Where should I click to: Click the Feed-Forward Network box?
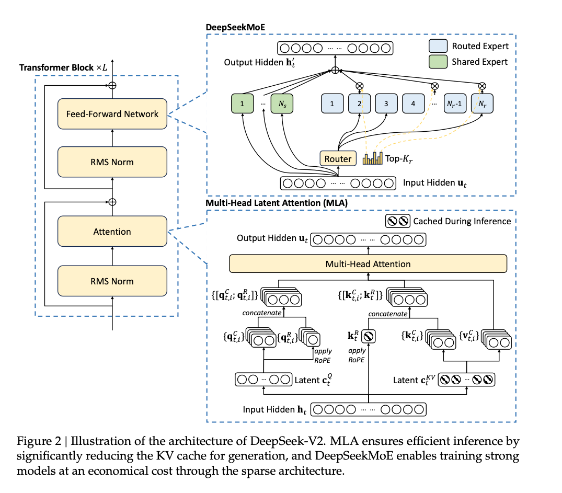112,114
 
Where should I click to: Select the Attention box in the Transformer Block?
112,232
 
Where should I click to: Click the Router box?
338,158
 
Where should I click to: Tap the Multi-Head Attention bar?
368,264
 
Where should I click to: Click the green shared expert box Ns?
282,104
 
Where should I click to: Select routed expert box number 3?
386,104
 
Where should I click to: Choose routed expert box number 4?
413,104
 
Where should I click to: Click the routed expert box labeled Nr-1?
454,104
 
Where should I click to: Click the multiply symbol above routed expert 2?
360,86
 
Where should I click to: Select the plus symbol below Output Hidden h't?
335,70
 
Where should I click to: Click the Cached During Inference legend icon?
397,221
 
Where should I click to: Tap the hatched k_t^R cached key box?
369,337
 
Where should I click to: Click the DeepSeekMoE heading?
234,27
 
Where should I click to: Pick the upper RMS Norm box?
112,162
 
